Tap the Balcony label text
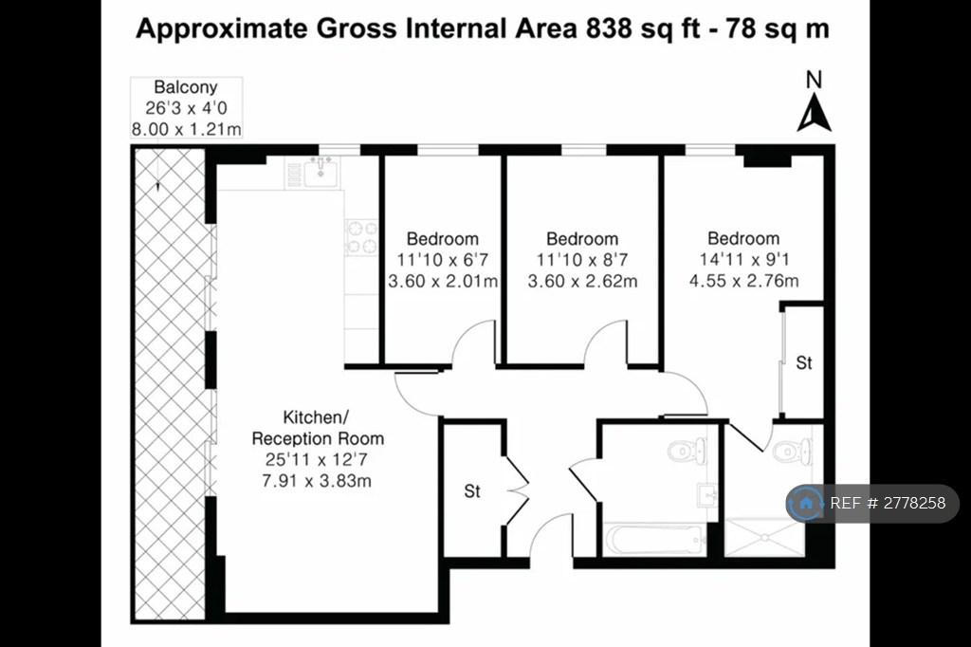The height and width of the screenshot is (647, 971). (186, 86)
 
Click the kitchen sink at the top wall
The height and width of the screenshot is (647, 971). (321, 172)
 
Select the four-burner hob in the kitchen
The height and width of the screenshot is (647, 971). (362, 237)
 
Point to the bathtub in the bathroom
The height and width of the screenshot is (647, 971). (655, 540)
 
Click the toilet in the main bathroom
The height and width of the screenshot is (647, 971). (687, 450)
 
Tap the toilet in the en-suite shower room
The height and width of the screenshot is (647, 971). (793, 452)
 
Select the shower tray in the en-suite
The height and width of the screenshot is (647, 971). (765, 537)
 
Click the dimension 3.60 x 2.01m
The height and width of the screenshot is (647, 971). (443, 282)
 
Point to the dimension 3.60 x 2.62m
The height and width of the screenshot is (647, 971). (582, 282)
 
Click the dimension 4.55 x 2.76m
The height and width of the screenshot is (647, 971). (743, 281)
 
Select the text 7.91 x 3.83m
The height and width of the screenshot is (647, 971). (317, 481)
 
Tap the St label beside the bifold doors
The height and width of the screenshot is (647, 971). (472, 491)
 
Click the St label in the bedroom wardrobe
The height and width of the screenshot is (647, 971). (804, 362)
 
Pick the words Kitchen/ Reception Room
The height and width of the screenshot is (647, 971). (318, 428)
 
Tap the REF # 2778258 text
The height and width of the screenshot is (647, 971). (888, 503)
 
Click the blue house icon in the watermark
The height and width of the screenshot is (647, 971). (806, 503)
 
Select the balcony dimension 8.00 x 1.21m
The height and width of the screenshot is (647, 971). (186, 130)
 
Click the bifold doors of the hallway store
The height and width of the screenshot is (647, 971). (517, 490)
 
